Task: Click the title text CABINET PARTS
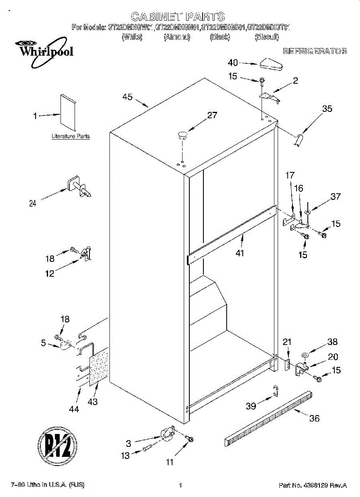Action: click(x=178, y=17)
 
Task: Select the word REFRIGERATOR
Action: click(x=314, y=52)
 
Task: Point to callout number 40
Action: click(x=233, y=63)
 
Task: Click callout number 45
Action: click(x=128, y=97)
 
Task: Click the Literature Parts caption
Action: click(x=70, y=136)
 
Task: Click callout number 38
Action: click(x=332, y=342)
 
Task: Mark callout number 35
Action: click(x=327, y=109)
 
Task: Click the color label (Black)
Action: click(x=220, y=37)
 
